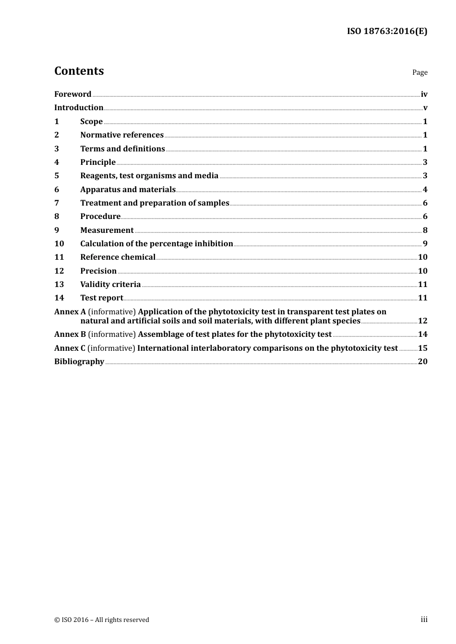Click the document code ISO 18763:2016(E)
pyautogui.click(x=387, y=32)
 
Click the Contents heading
pyautogui.click(x=79, y=71)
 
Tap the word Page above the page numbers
pyautogui.click(x=420, y=72)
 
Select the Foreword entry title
pyautogui.click(x=72, y=94)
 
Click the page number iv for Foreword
pyautogui.click(x=424, y=94)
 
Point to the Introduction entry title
pyautogui.click(x=79, y=108)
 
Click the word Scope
pyautogui.click(x=91, y=122)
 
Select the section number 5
pyautogui.click(x=57, y=176)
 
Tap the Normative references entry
pyautogui.click(x=122, y=135)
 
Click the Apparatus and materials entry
pyautogui.click(x=128, y=190)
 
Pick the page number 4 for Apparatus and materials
pyautogui.click(x=425, y=190)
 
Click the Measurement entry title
pyautogui.click(x=107, y=230)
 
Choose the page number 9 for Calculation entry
pyautogui.click(x=425, y=244)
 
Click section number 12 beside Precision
pyautogui.click(x=59, y=271)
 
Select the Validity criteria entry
pyautogui.click(x=110, y=285)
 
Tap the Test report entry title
pyautogui.click(x=101, y=298)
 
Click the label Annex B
pyautogui.click(x=70, y=334)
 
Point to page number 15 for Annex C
pyautogui.click(x=422, y=348)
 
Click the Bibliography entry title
pyautogui.click(x=79, y=362)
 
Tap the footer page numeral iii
pyautogui.click(x=424, y=620)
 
